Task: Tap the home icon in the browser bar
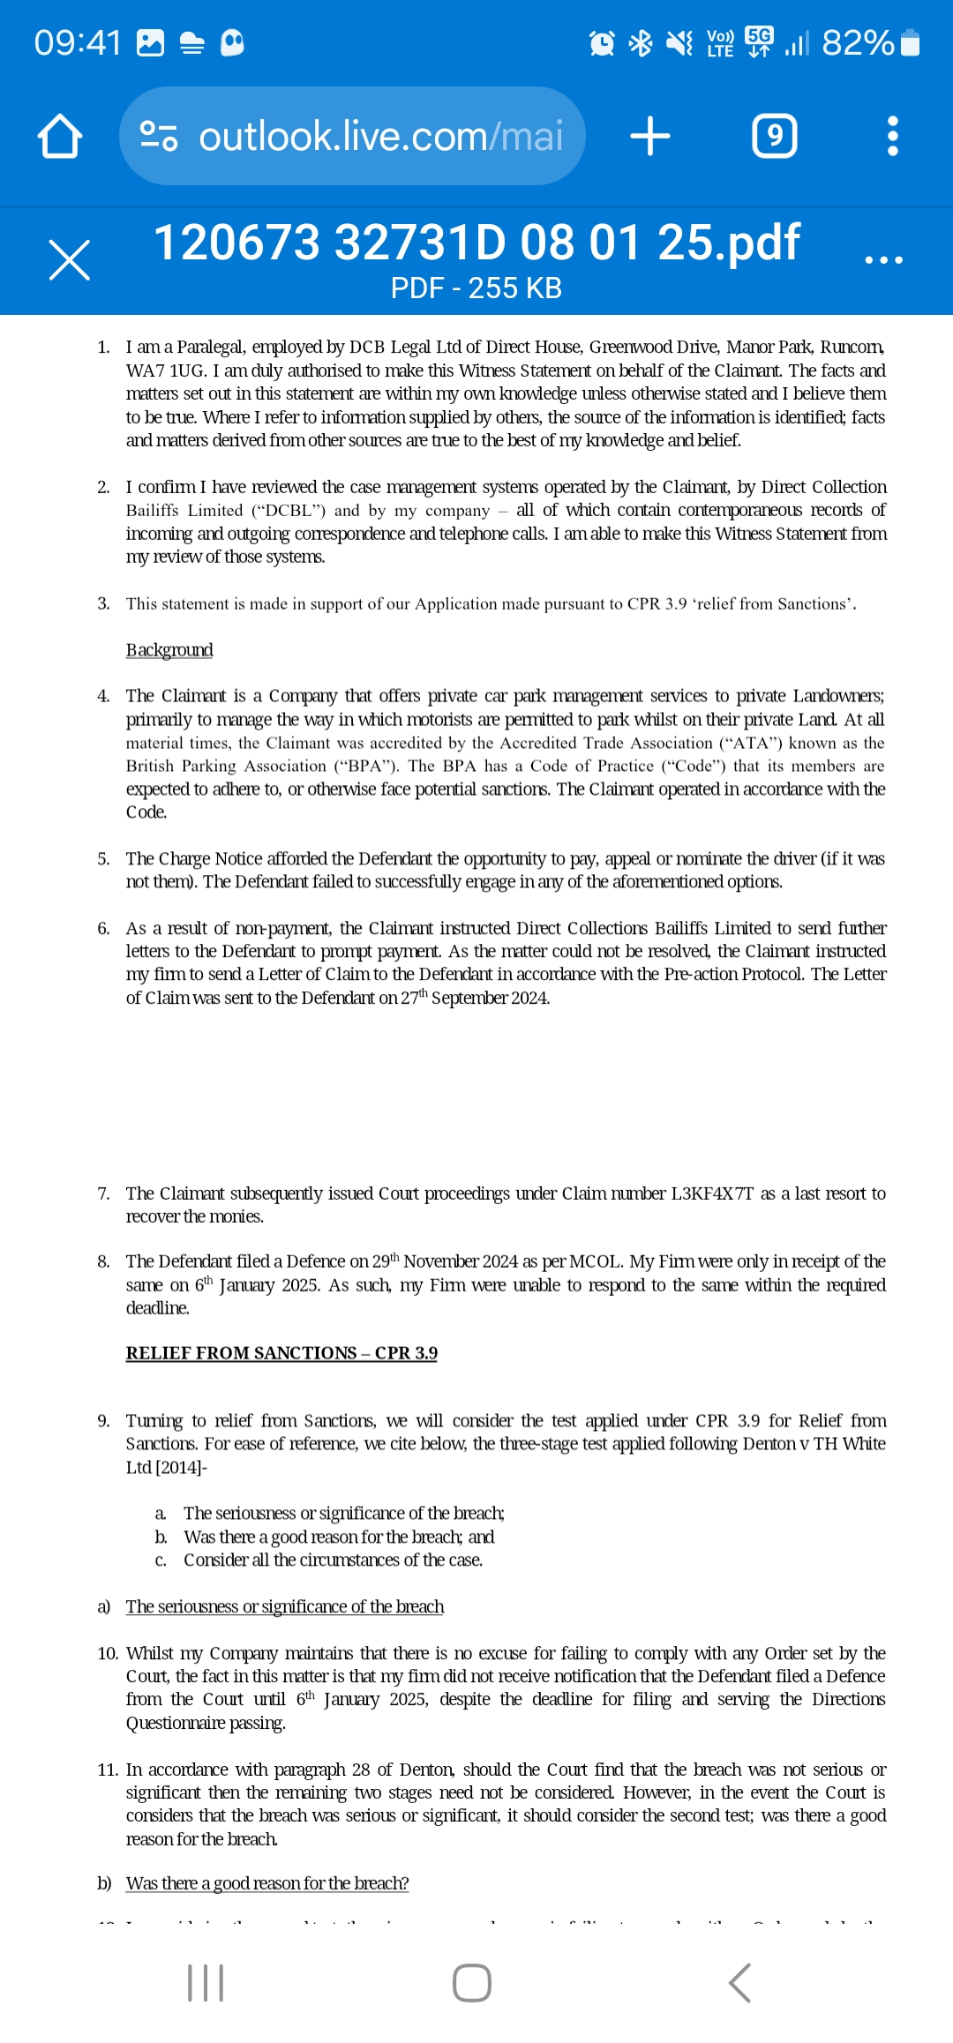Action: click(60, 137)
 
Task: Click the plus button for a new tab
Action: click(650, 137)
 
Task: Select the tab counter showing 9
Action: click(774, 137)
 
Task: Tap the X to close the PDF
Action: click(69, 260)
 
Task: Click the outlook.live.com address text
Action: click(379, 137)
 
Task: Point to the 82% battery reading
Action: click(857, 42)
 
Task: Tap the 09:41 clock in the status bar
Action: click(78, 42)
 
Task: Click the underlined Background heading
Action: click(169, 650)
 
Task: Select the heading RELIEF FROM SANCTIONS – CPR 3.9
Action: click(281, 1353)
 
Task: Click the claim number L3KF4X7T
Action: click(712, 1194)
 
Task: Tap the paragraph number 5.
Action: click(103, 859)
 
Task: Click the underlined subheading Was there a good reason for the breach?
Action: click(267, 1883)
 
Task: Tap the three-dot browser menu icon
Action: click(892, 137)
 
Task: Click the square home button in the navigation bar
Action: click(472, 1983)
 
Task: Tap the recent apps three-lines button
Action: click(206, 1983)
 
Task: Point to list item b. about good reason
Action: click(339, 1537)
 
